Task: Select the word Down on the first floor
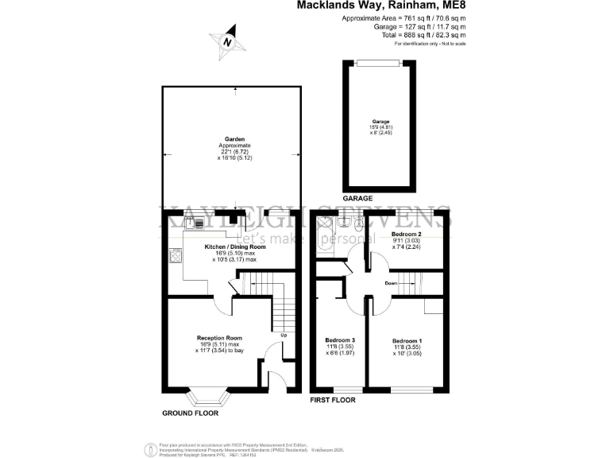(x=391, y=282)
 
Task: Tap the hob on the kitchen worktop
(x=174, y=257)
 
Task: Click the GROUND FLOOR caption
(x=189, y=413)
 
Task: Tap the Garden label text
(x=234, y=138)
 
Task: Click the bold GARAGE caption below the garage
(x=357, y=198)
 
